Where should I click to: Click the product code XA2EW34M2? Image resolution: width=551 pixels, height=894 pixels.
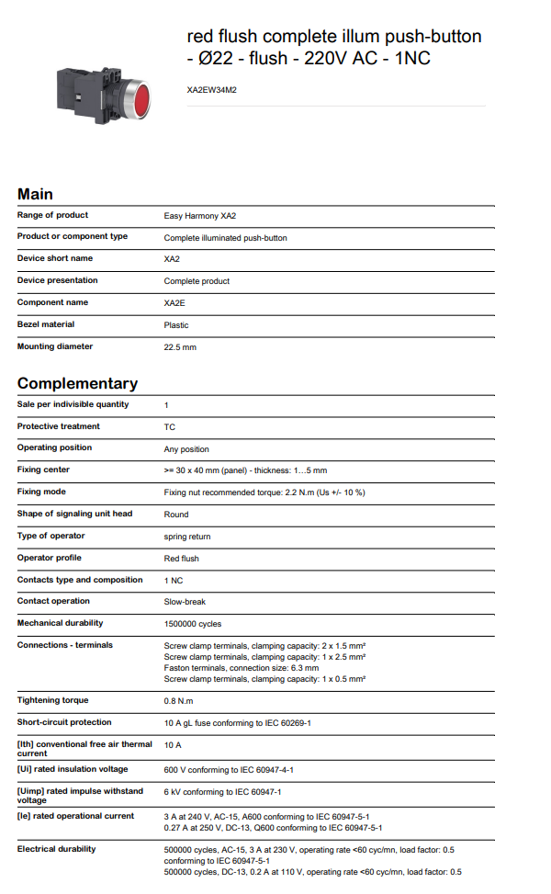(x=212, y=90)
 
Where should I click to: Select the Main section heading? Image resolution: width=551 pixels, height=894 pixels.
(x=36, y=194)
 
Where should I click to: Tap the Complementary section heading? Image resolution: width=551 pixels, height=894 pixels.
(x=77, y=383)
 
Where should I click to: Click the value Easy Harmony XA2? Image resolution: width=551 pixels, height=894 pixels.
(x=200, y=215)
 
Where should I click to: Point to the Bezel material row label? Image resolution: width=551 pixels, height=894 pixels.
(x=46, y=324)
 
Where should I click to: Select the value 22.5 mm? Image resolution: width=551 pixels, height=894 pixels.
(x=180, y=347)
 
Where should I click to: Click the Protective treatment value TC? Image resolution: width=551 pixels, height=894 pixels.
(x=170, y=427)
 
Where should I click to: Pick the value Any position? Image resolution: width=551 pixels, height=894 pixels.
(x=186, y=449)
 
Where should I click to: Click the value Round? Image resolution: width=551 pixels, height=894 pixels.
(x=176, y=515)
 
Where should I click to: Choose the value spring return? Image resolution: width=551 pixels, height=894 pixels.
(x=187, y=537)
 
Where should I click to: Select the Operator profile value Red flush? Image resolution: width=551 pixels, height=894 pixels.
(x=182, y=559)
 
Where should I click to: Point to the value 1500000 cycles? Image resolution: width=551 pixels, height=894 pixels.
(x=193, y=624)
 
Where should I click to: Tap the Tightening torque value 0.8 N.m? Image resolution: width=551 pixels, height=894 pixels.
(x=177, y=701)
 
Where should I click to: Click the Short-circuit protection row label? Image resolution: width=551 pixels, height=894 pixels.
(x=64, y=722)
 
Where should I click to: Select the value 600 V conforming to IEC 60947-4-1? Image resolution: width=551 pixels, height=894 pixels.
(x=242, y=770)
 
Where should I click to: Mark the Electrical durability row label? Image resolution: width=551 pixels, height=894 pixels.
(x=56, y=849)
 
